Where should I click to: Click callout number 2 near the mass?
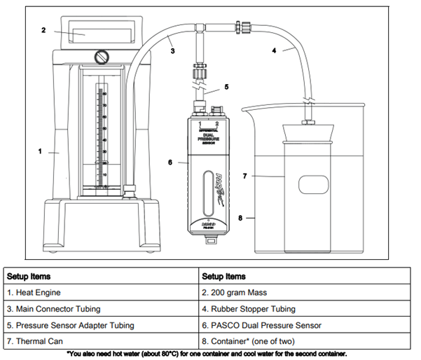tap(43, 30)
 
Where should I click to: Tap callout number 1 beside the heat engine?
tap(41, 150)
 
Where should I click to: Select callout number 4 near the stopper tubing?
tap(274, 50)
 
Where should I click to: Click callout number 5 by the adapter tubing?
tap(226, 88)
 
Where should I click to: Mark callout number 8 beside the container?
tap(242, 218)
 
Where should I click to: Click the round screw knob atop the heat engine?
tap(104, 55)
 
